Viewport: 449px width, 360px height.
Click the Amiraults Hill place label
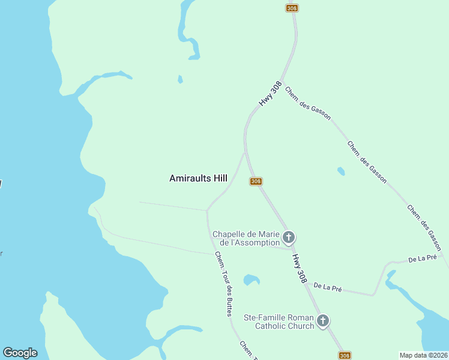(x=198, y=178)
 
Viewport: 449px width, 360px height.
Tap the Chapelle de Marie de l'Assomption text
(x=246, y=238)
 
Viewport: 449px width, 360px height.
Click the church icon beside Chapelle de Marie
(x=289, y=238)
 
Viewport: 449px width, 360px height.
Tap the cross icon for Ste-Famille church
(x=323, y=322)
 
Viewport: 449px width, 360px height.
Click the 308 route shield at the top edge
(x=292, y=8)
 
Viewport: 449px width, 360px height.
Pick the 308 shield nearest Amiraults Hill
(x=256, y=181)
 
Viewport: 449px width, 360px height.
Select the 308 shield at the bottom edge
(x=345, y=355)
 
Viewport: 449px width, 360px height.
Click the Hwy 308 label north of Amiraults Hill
(x=271, y=95)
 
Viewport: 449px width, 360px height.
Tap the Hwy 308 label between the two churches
(x=301, y=268)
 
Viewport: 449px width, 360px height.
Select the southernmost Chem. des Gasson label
(x=424, y=227)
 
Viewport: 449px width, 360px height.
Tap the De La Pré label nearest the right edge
(x=422, y=259)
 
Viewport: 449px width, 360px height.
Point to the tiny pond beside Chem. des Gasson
(x=341, y=172)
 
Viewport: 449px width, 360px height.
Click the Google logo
(x=20, y=353)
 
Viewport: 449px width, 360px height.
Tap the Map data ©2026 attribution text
(x=423, y=355)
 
